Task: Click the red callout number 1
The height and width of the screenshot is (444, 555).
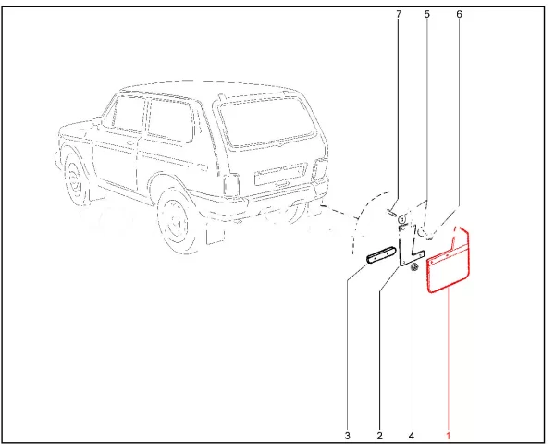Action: [x=449, y=435]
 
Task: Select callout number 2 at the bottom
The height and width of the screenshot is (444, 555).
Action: [x=380, y=435]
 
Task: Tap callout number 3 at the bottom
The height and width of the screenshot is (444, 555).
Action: [x=347, y=435]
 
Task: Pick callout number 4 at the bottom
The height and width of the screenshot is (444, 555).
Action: [x=412, y=435]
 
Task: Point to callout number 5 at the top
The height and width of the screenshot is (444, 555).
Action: [x=426, y=14]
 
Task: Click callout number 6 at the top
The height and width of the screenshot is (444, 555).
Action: [x=459, y=14]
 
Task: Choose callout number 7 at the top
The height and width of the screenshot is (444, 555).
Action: [x=399, y=14]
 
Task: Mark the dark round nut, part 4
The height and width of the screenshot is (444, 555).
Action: [x=414, y=267]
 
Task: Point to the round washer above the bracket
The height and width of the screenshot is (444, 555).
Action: [x=402, y=220]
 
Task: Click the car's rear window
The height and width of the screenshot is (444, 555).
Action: [x=267, y=122]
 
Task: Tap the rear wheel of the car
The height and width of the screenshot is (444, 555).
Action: [x=174, y=222]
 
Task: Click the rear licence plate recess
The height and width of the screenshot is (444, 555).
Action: [x=279, y=174]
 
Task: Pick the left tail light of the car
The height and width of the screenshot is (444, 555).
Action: [x=230, y=185]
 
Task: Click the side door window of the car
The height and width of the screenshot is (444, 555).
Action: [x=129, y=113]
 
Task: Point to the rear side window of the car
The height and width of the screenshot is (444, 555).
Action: [x=170, y=120]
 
